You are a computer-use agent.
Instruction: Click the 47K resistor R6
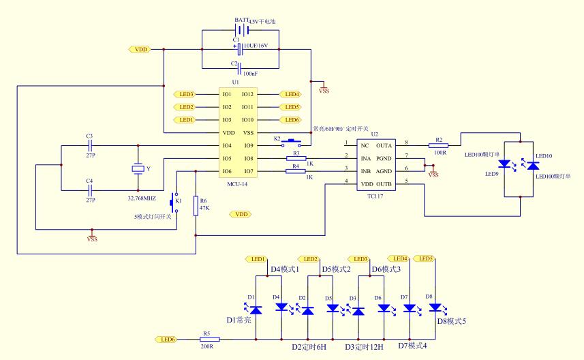click(x=196, y=207)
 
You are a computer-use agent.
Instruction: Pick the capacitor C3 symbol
click(x=89, y=145)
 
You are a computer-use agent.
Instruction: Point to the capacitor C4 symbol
click(x=89, y=190)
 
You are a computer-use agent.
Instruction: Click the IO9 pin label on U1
click(x=248, y=145)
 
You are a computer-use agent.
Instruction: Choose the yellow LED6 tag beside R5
click(x=166, y=339)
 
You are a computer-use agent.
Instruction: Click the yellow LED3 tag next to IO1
click(x=185, y=94)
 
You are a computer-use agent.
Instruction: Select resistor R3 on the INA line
click(x=296, y=158)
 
